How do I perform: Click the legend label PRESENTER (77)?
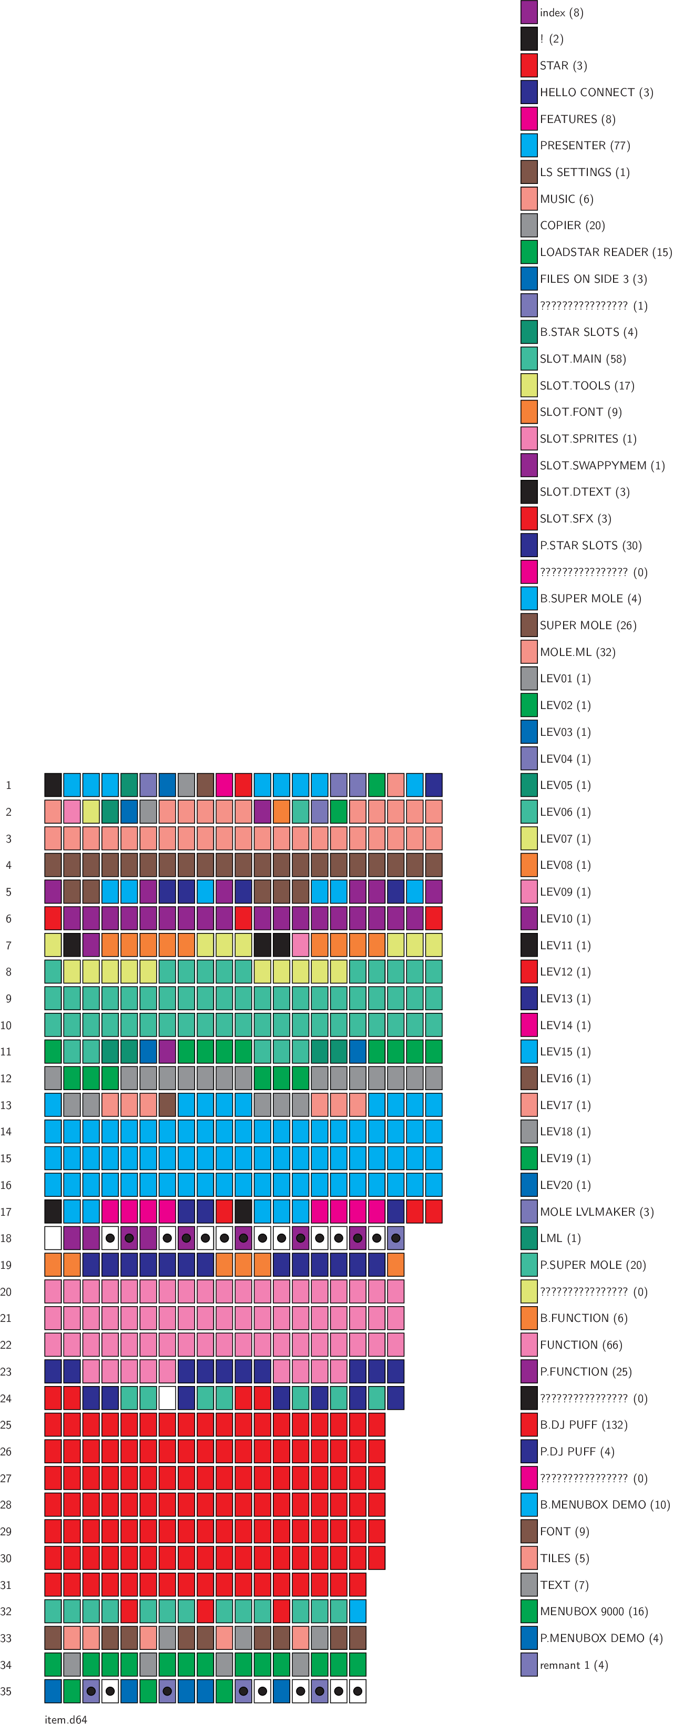[585, 145]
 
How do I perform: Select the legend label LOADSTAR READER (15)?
[605, 252]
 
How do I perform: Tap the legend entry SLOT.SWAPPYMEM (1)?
[602, 465]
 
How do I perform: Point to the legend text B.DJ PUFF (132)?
[583, 1424]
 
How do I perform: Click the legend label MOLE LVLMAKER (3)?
[596, 1212]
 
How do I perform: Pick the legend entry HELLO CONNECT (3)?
[596, 93]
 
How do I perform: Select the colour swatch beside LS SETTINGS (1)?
[529, 172]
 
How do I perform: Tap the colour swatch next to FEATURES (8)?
[529, 118]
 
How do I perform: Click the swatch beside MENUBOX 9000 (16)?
[529, 1611]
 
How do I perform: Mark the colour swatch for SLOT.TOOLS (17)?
[529, 385]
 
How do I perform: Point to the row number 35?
[6, 1691]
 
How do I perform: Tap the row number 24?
[6, 1398]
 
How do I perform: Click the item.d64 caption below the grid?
[66, 1719]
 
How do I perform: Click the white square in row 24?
[167, 1398]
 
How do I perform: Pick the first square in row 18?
[53, 1238]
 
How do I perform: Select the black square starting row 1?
[53, 785]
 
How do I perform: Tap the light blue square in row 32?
[358, 1611]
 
